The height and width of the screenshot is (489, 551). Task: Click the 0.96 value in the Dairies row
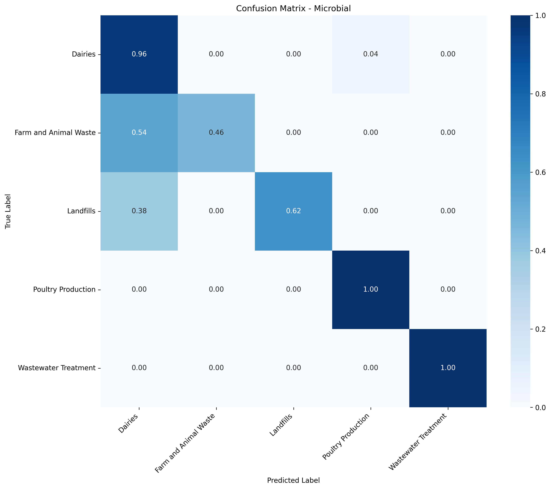click(x=139, y=54)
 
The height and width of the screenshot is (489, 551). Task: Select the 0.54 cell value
click(x=139, y=133)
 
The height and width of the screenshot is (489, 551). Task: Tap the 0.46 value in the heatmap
click(x=216, y=133)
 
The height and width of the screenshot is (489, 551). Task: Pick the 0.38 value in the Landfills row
click(x=139, y=211)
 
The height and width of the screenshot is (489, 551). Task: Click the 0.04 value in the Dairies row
click(x=371, y=54)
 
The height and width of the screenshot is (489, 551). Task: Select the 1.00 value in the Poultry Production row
click(x=371, y=289)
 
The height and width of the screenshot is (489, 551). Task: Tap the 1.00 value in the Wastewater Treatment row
click(x=448, y=368)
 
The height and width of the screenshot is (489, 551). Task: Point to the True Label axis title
click(x=8, y=211)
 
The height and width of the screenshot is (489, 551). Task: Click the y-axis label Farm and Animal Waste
click(x=55, y=133)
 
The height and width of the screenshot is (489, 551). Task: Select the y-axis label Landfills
click(x=81, y=211)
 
